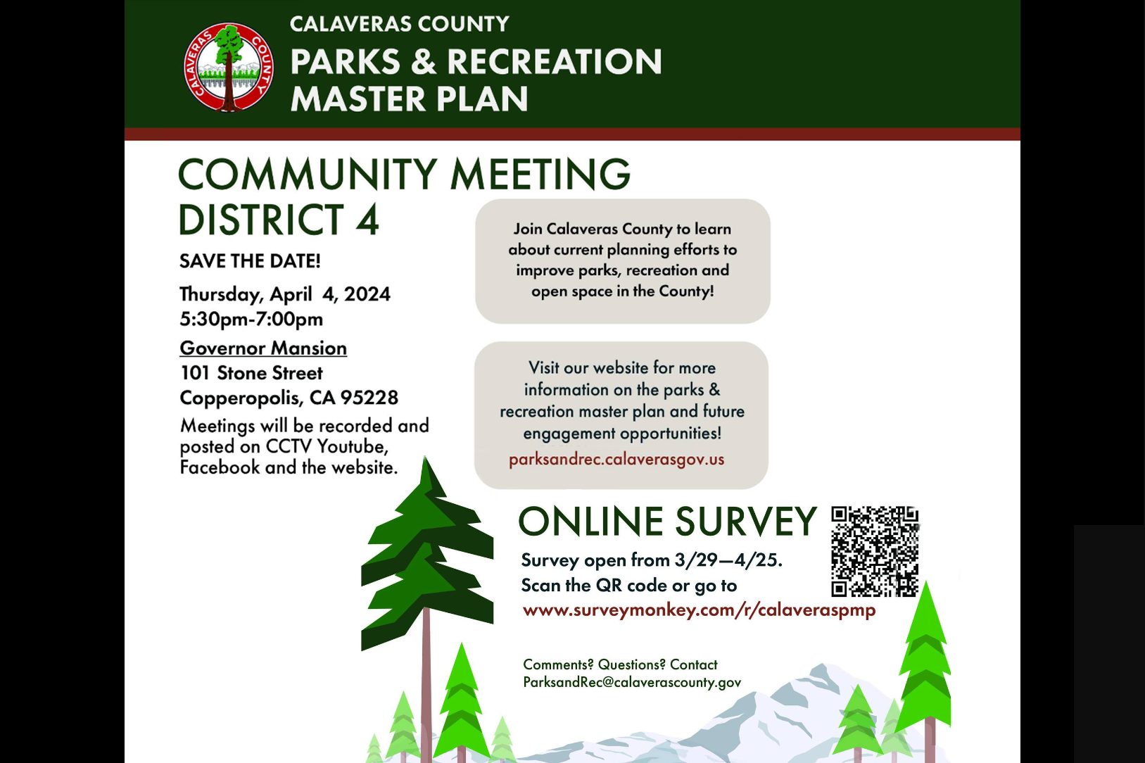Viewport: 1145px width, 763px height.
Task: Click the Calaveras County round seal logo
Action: pyautogui.click(x=229, y=67)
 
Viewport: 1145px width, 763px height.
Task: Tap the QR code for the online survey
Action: pyautogui.click(x=875, y=551)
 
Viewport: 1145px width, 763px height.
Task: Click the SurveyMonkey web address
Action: pyautogui.click(x=699, y=610)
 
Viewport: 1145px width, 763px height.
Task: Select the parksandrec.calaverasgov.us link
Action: pyautogui.click(x=616, y=459)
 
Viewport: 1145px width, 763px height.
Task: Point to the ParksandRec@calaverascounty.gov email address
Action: pyautogui.click(x=632, y=682)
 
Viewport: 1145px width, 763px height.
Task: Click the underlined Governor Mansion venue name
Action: pyautogui.click(x=263, y=348)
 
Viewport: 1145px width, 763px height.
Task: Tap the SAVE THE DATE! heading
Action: pyautogui.click(x=250, y=261)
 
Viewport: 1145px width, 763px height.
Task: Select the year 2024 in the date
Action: pyautogui.click(x=367, y=294)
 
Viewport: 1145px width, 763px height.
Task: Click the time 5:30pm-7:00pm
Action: pyautogui.click(x=251, y=319)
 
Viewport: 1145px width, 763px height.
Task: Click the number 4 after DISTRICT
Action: pyautogui.click(x=367, y=219)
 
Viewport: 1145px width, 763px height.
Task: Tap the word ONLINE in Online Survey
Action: pyautogui.click(x=592, y=521)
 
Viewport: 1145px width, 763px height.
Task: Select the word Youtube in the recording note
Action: pyautogui.click(x=353, y=446)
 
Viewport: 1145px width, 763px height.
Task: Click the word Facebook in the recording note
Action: pyautogui.click(x=220, y=467)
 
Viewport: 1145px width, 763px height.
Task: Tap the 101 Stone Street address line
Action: pyautogui.click(x=251, y=373)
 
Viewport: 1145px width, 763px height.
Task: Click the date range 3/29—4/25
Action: pyautogui.click(x=728, y=560)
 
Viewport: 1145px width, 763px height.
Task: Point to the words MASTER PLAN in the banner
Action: pyautogui.click(x=409, y=99)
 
